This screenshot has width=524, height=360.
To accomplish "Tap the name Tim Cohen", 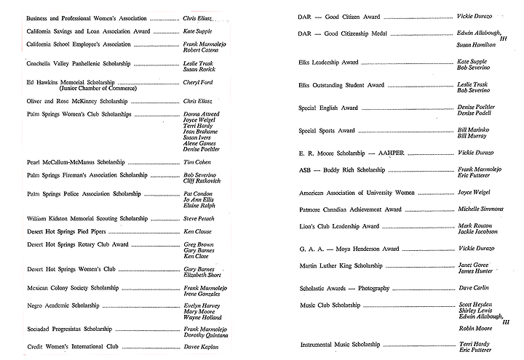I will [x=196, y=161].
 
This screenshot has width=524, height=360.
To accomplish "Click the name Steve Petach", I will [x=199, y=218].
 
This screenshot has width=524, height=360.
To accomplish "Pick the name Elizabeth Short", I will [x=203, y=276].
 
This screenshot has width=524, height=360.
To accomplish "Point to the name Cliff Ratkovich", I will [x=205, y=182].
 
